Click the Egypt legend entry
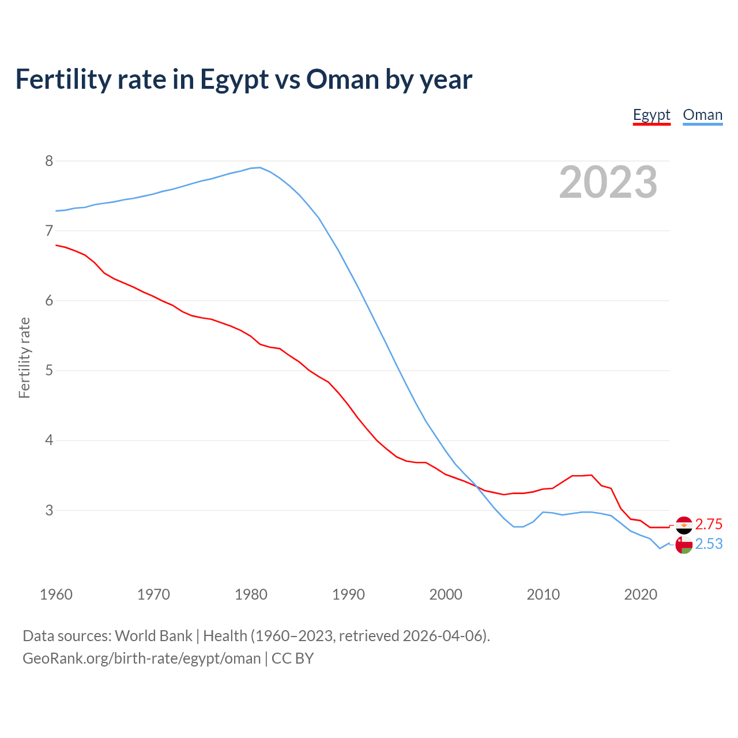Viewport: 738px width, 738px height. click(652, 115)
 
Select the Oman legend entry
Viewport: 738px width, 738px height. click(702, 115)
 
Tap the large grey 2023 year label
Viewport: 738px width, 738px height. click(608, 182)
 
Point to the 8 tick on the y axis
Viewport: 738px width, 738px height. click(49, 161)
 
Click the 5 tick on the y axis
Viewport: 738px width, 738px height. click(49, 370)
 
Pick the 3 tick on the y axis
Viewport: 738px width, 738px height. click(49, 510)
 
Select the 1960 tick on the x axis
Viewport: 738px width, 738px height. click(56, 594)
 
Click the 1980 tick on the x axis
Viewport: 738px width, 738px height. click(251, 594)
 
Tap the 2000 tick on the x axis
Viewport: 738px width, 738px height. click(446, 594)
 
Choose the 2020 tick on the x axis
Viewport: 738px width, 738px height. click(641, 594)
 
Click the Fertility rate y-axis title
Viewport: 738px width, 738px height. click(24, 357)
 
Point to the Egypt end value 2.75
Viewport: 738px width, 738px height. click(709, 524)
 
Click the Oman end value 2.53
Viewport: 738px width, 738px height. click(709, 544)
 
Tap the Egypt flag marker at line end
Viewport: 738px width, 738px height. click(684, 525)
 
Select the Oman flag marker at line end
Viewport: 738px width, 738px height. click(684, 545)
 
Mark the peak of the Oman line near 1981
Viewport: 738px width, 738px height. click(260, 167)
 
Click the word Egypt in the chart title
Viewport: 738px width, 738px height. click(234, 79)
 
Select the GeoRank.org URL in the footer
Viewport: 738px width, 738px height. click(141, 658)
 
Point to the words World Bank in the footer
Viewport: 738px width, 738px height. click(153, 636)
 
